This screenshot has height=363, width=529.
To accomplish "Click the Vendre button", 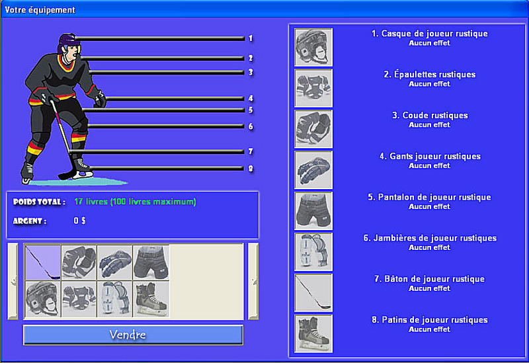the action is click(x=133, y=335).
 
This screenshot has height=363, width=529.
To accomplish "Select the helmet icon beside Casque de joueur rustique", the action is click(x=313, y=47).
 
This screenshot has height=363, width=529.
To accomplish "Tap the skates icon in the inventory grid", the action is click(x=151, y=300).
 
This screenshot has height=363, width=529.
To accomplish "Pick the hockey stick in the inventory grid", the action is click(x=43, y=262).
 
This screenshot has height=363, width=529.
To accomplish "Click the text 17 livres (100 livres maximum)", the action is click(x=135, y=202).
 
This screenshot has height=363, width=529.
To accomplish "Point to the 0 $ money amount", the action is click(x=79, y=221).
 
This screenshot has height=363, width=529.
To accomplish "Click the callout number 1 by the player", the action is click(x=251, y=38).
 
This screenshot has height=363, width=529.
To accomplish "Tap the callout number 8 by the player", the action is click(x=251, y=169).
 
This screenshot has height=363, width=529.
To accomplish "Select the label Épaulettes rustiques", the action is click(x=429, y=74).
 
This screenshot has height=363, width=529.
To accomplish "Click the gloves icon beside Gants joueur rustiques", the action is click(x=313, y=170).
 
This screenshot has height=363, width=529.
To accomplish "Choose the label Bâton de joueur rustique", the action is click(x=429, y=279).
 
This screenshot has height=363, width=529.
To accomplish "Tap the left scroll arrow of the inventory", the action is click(x=13, y=281).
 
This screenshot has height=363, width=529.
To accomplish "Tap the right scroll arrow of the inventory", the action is click(x=253, y=281).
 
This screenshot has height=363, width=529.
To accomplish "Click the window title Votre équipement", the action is click(x=40, y=10).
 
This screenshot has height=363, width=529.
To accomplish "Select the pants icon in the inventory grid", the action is click(x=151, y=262).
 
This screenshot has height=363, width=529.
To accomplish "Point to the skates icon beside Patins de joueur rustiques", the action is click(x=313, y=334).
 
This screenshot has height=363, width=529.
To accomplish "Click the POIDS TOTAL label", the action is click(x=39, y=202).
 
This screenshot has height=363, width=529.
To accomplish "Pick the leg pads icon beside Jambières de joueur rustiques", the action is click(x=313, y=252).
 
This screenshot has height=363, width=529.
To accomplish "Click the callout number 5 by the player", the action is click(x=251, y=110).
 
